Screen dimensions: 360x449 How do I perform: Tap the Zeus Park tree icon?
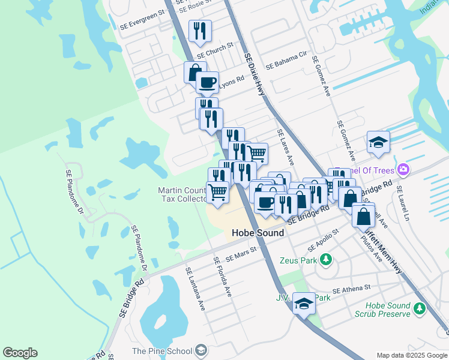click(x=326, y=259)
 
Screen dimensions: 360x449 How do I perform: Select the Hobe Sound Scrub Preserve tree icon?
click(x=420, y=308)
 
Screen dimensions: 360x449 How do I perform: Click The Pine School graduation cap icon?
click(x=201, y=350)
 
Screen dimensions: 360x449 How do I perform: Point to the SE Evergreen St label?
click(x=142, y=23)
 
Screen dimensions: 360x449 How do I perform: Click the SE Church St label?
click(x=214, y=50)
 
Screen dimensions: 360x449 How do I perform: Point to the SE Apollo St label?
click(x=327, y=244)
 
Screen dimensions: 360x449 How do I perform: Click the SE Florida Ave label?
click(x=223, y=277)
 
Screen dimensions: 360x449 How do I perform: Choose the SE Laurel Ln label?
click(x=406, y=205)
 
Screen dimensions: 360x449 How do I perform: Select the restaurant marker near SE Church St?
click(x=200, y=31)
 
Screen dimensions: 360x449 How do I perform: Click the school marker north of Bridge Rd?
click(x=378, y=142)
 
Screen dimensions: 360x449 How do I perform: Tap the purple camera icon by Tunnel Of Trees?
click(x=403, y=169)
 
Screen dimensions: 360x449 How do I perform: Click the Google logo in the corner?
click(x=20, y=353)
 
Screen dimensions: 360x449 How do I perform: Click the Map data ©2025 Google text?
click(x=412, y=356)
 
